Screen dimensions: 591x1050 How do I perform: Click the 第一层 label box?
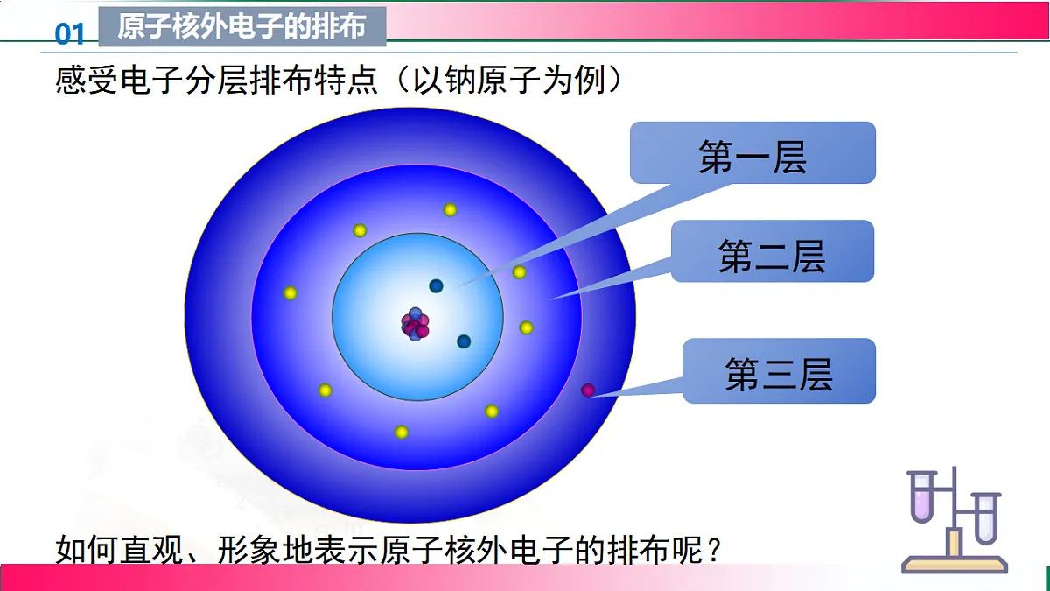pyautogui.click(x=752, y=153)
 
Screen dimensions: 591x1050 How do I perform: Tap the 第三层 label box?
pyautogui.click(x=779, y=371)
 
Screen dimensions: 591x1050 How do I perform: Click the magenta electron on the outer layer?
pyautogui.click(x=589, y=390)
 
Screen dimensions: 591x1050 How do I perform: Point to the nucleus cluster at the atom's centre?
pyautogui.click(x=415, y=325)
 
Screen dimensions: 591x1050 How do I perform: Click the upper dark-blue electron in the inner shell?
pyautogui.click(x=436, y=285)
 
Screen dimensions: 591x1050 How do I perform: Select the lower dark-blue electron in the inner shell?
pyautogui.click(x=464, y=341)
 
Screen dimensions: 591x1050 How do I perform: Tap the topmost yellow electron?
pyautogui.click(x=450, y=209)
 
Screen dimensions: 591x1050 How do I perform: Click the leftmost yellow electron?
pyautogui.click(x=290, y=292)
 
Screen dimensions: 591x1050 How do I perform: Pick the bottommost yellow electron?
pyautogui.click(x=402, y=432)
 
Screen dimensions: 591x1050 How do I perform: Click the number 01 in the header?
pyautogui.click(x=70, y=33)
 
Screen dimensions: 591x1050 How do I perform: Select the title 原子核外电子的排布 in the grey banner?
pyautogui.click(x=241, y=27)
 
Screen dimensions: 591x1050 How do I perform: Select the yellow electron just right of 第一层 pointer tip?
pyautogui.click(x=520, y=272)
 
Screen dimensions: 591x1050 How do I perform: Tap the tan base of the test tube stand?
pyautogui.click(x=955, y=564)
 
